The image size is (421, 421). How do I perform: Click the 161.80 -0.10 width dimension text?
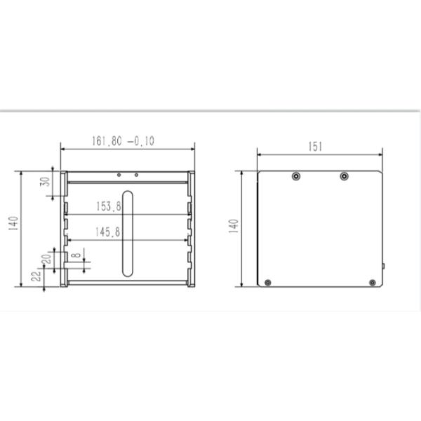(x=123, y=141)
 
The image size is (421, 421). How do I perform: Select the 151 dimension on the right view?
(x=315, y=147)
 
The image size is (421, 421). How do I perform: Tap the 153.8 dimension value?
(x=109, y=206)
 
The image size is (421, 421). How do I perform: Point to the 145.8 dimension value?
(x=108, y=232)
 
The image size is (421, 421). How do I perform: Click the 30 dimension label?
(x=45, y=182)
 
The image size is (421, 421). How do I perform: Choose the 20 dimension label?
(x=46, y=259)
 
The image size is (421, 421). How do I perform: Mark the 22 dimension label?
(x=36, y=276)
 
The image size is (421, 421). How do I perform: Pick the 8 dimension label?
(x=77, y=255)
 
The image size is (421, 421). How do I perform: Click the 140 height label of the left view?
(x=13, y=223)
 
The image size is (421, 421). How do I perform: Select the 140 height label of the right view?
(x=234, y=226)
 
